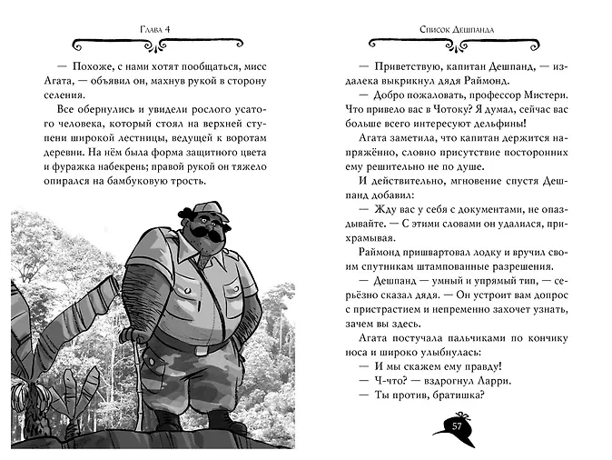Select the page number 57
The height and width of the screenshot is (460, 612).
458,425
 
